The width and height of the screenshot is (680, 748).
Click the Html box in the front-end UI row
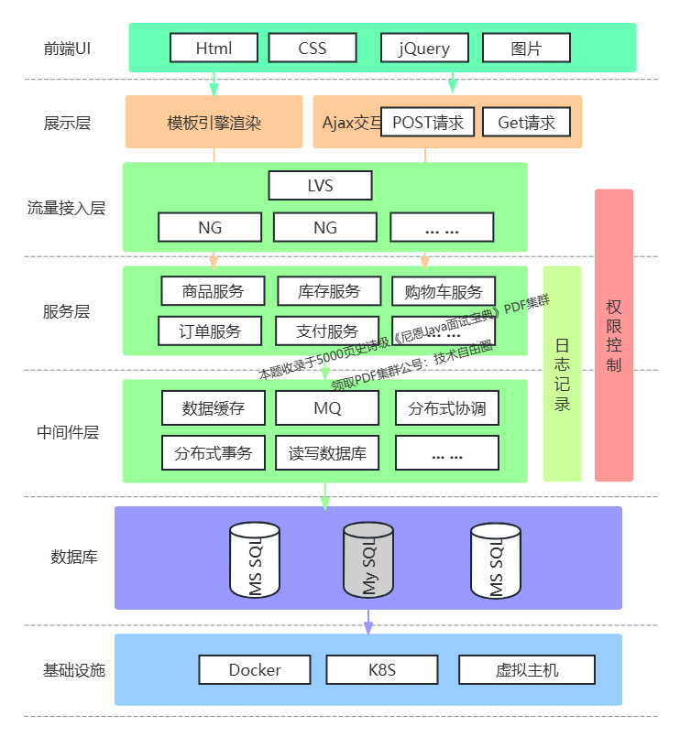[214, 48]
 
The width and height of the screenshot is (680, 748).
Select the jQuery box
[424, 48]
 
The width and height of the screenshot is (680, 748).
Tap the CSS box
[313, 48]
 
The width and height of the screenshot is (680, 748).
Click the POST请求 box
[427, 122]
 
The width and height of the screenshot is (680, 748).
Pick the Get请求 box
[526, 122]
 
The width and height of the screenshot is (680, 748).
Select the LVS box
[320, 186]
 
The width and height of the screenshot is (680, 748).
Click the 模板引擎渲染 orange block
[214, 122]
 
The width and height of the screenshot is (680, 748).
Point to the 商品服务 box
[213, 291]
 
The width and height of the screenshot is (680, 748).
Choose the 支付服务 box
[327, 331]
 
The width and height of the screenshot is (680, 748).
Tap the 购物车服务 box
[444, 291]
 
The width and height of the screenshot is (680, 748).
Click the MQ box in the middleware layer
[327, 408]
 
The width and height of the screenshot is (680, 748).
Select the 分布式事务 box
[213, 452]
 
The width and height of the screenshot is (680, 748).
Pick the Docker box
[255, 669]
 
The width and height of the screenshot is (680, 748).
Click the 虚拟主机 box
[526, 669]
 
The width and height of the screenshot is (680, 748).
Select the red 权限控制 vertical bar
[614, 335]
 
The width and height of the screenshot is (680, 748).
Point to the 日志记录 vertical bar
[562, 374]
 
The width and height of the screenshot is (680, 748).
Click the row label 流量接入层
[66, 208]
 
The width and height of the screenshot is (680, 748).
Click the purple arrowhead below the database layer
[368, 628]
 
